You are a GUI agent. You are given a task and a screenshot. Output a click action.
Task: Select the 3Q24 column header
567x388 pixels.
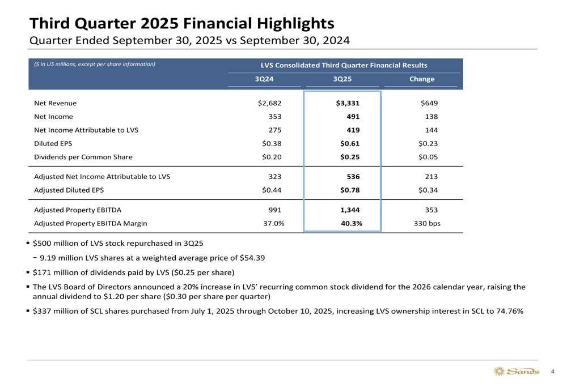(x=264, y=79)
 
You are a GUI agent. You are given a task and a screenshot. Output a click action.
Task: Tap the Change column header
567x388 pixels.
(x=421, y=79)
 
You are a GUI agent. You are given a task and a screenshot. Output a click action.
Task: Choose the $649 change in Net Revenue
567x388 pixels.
(x=429, y=103)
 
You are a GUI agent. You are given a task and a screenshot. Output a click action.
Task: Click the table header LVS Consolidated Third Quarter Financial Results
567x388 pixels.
(x=343, y=65)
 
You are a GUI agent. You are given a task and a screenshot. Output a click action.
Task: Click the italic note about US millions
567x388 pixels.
(x=94, y=64)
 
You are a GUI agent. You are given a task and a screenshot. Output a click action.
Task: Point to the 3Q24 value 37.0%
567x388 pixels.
(x=274, y=223)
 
